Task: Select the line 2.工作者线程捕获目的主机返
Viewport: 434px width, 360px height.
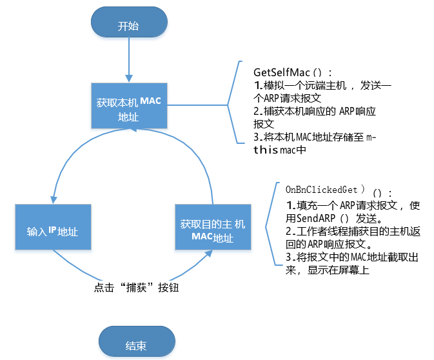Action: pos(352,230)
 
